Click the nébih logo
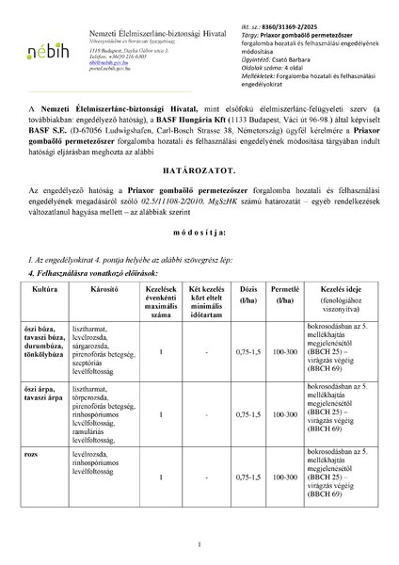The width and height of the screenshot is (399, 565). click(x=45, y=48)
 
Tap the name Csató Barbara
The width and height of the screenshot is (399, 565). click(x=282, y=55)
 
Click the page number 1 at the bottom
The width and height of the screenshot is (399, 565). click(x=199, y=543)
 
